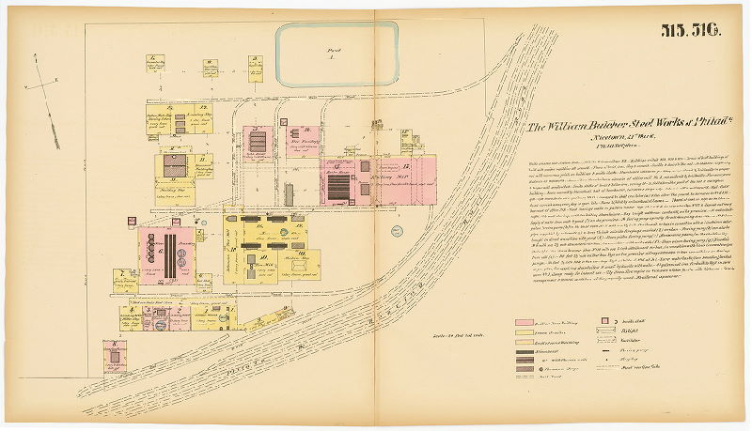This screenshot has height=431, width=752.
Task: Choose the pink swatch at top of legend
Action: coord(529,322)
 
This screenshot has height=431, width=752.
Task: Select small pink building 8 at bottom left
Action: coord(116,356)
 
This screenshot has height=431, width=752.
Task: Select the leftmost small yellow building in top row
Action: coord(153,65)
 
